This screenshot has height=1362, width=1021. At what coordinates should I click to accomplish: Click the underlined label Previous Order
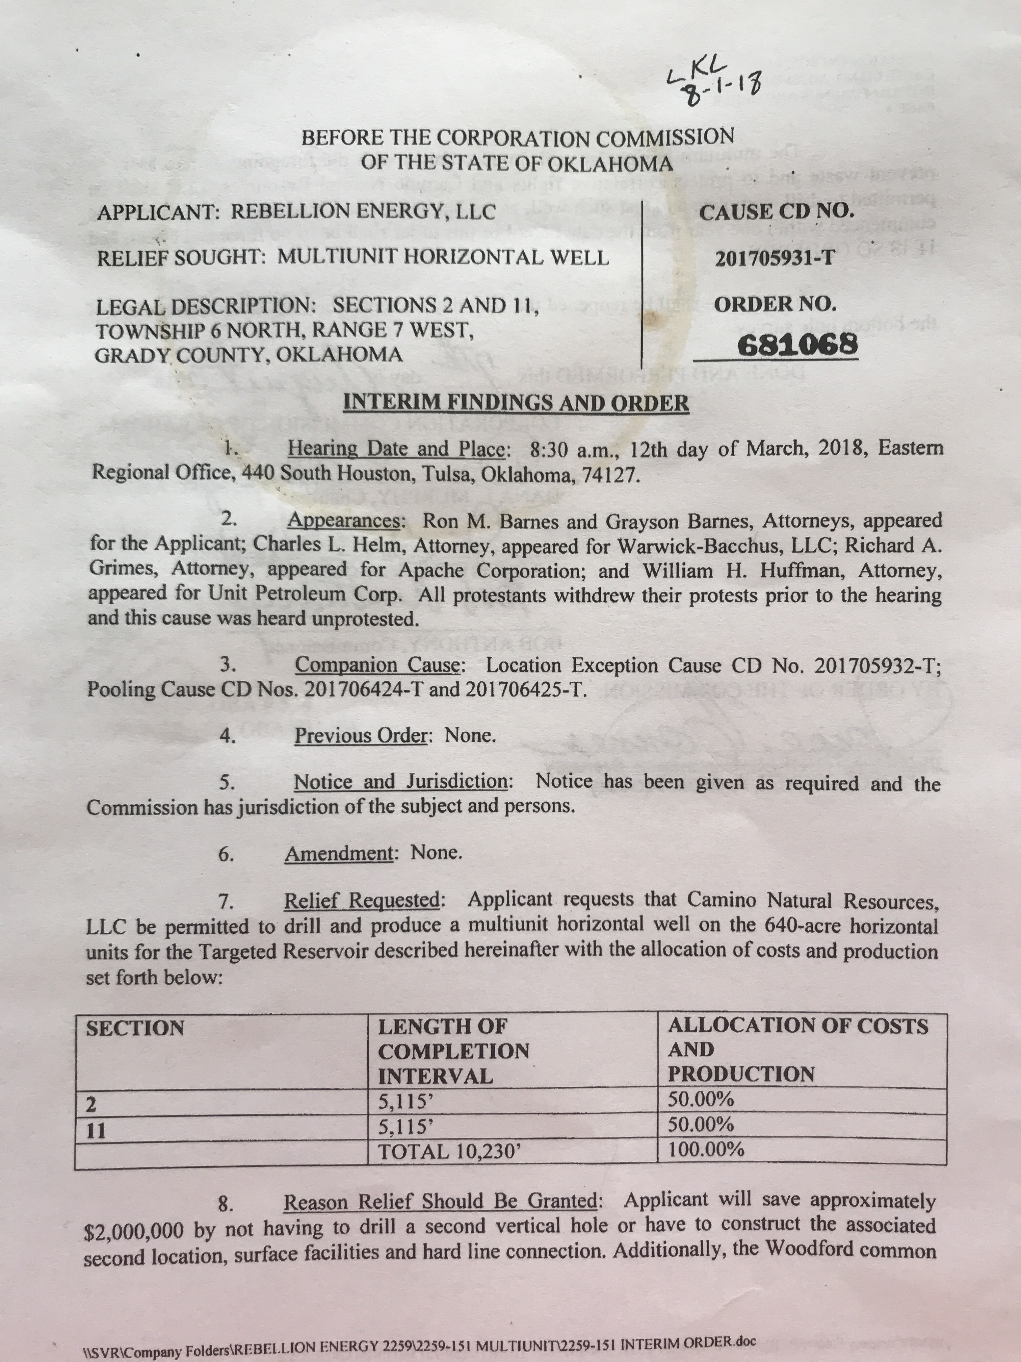click(x=361, y=736)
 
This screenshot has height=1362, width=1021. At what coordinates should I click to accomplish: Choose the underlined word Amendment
click(x=339, y=853)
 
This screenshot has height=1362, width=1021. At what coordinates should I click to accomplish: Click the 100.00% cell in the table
click(x=707, y=1149)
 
